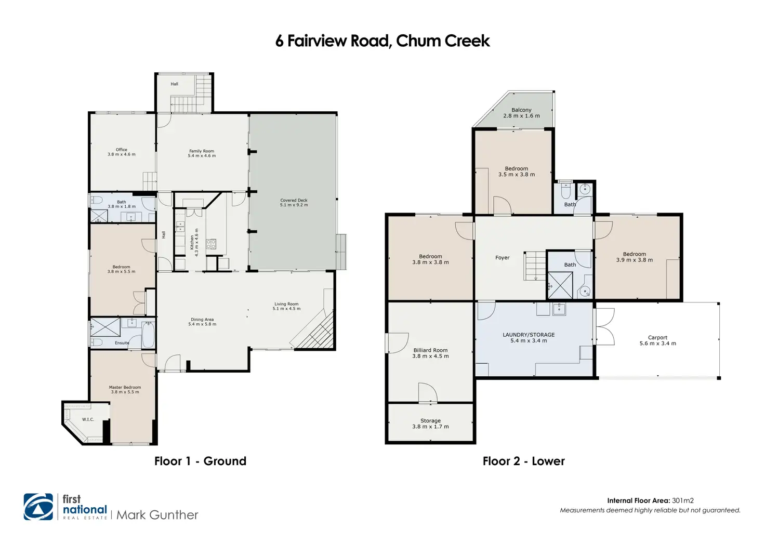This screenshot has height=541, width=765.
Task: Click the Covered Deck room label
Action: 294,200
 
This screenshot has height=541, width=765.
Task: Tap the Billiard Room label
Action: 430,350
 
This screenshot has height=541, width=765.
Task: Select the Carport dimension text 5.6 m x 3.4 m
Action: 658,343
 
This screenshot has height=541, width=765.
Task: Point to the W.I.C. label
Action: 88,419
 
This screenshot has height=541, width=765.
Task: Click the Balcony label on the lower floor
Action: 521,110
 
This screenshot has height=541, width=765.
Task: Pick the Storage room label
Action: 430,421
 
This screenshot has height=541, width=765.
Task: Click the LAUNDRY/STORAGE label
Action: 529,335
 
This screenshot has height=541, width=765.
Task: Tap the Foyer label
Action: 503,258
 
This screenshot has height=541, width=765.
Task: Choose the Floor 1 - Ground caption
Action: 200,461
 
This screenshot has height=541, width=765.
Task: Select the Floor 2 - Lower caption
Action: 523,461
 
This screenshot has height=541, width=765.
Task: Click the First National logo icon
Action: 38,507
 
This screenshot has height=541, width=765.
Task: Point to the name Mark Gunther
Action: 157,514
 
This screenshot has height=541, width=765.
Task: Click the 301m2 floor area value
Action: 683,500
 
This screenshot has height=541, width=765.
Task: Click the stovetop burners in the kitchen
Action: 210,244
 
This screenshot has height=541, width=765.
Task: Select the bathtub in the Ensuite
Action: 148,335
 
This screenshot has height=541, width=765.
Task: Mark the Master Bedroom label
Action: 125,387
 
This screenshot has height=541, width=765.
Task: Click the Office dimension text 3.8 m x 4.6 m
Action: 121,154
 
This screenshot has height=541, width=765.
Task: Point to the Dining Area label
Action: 202,320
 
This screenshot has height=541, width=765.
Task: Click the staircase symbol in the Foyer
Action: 535,266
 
